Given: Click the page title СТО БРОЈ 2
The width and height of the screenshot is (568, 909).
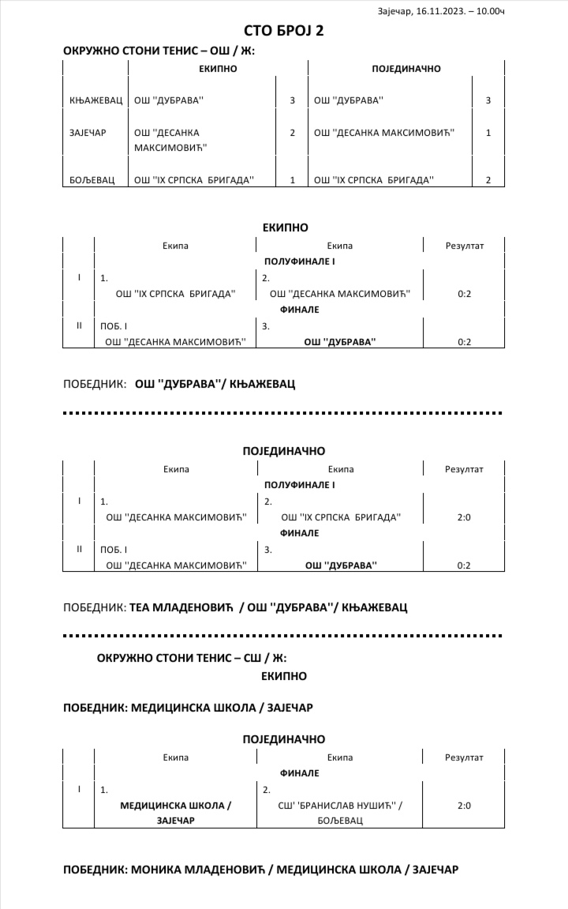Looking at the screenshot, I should pyautogui.click(x=283, y=31).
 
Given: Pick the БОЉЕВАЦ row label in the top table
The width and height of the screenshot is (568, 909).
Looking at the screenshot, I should pyautogui.click(x=92, y=180).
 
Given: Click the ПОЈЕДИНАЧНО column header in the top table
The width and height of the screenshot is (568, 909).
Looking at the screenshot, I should pyautogui.click(x=405, y=69).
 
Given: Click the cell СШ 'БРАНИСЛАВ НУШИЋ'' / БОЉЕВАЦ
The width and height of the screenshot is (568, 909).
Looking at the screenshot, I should pyautogui.click(x=341, y=813).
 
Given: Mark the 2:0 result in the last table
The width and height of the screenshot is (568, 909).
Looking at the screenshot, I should pyautogui.click(x=464, y=806).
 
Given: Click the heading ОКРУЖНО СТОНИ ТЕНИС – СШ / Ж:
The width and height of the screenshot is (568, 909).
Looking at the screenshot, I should pyautogui.click(x=191, y=657).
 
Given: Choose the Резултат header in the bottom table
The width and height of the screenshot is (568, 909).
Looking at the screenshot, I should pyautogui.click(x=464, y=757).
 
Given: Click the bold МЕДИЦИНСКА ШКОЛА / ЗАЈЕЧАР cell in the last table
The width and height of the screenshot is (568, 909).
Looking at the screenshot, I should pyautogui.click(x=175, y=813).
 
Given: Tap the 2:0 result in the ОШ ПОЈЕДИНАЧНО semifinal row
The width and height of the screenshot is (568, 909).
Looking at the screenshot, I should pyautogui.click(x=464, y=517).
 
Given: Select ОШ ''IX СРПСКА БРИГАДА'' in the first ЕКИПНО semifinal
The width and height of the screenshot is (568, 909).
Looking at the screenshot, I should pyautogui.click(x=176, y=294).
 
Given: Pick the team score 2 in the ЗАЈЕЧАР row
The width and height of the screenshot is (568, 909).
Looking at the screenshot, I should pyautogui.click(x=292, y=132).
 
